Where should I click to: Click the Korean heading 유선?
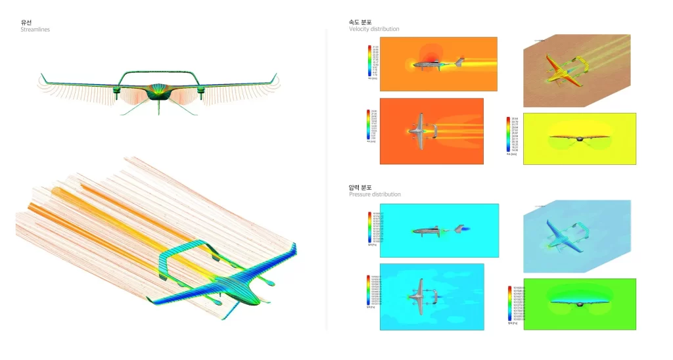[x=26, y=22]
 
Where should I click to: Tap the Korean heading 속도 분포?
[x=360, y=22]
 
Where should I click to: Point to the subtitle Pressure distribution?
[x=375, y=194]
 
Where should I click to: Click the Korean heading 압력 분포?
[x=360, y=187]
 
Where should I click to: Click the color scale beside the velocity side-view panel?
[x=373, y=60]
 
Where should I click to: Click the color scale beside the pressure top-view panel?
[x=370, y=292]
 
